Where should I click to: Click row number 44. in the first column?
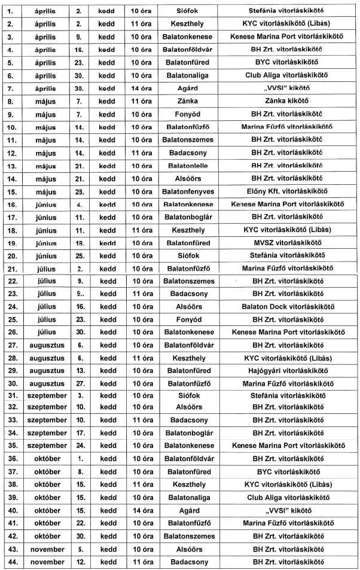(11, 562)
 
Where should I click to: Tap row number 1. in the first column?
(11, 11)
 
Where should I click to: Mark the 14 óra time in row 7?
(142, 88)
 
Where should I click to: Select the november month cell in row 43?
(47, 549)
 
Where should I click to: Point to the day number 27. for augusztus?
(80, 383)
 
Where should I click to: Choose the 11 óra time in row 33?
(142, 420)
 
